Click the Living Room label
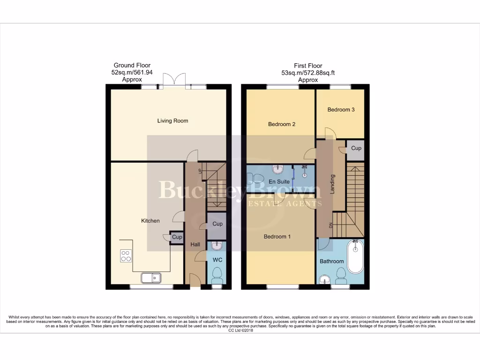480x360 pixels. point(172,120)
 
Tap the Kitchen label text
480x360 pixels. point(150,221)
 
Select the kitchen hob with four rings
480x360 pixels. point(126,256)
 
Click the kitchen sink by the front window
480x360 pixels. point(151,278)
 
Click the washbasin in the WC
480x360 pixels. point(217,246)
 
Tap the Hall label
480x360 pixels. point(195,245)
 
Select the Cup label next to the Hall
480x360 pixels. point(217,224)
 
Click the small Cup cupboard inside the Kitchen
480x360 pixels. point(177,238)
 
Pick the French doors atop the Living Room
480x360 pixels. point(174,80)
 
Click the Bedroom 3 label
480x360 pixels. point(341,110)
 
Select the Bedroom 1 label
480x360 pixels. point(277,237)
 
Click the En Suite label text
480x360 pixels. point(279,181)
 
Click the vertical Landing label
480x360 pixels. point(332,184)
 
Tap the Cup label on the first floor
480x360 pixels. point(356,148)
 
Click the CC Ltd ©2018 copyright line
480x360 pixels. point(240,330)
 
